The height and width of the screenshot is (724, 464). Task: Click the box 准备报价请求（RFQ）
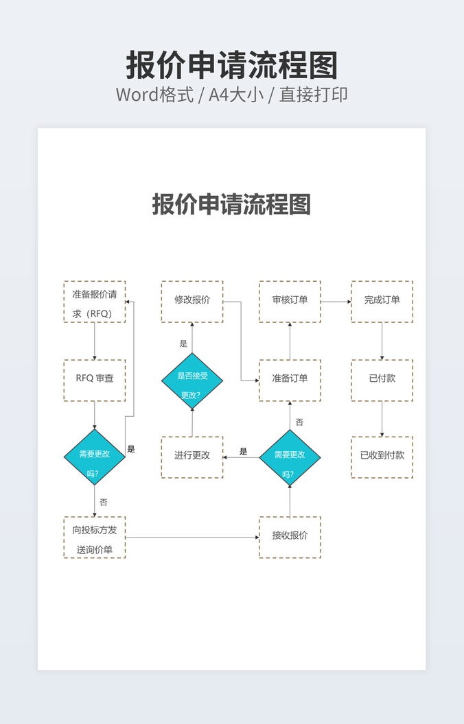(x=95, y=302)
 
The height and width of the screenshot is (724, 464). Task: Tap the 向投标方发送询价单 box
(x=95, y=538)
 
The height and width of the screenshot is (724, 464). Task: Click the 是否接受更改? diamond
(x=192, y=382)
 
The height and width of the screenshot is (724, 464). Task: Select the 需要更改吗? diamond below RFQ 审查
(x=95, y=457)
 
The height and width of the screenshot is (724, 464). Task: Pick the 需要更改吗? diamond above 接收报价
(x=290, y=457)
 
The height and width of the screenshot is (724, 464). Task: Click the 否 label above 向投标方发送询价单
(x=104, y=503)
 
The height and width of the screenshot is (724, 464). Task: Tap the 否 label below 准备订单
(x=299, y=422)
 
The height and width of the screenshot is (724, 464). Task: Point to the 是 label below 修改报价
(x=183, y=343)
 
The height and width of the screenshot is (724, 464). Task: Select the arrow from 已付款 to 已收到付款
(x=382, y=418)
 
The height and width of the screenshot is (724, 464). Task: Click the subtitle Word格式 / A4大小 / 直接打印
(x=232, y=95)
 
